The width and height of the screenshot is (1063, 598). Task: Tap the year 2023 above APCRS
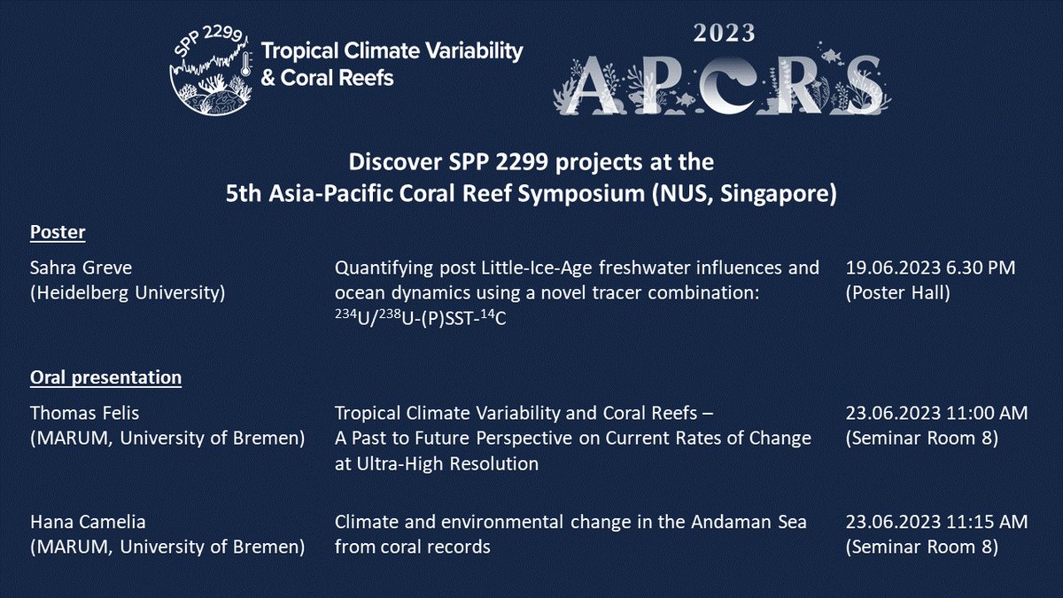(x=718, y=34)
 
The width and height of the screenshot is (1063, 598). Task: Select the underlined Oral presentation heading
(x=106, y=377)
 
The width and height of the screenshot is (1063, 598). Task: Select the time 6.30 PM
(x=978, y=267)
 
